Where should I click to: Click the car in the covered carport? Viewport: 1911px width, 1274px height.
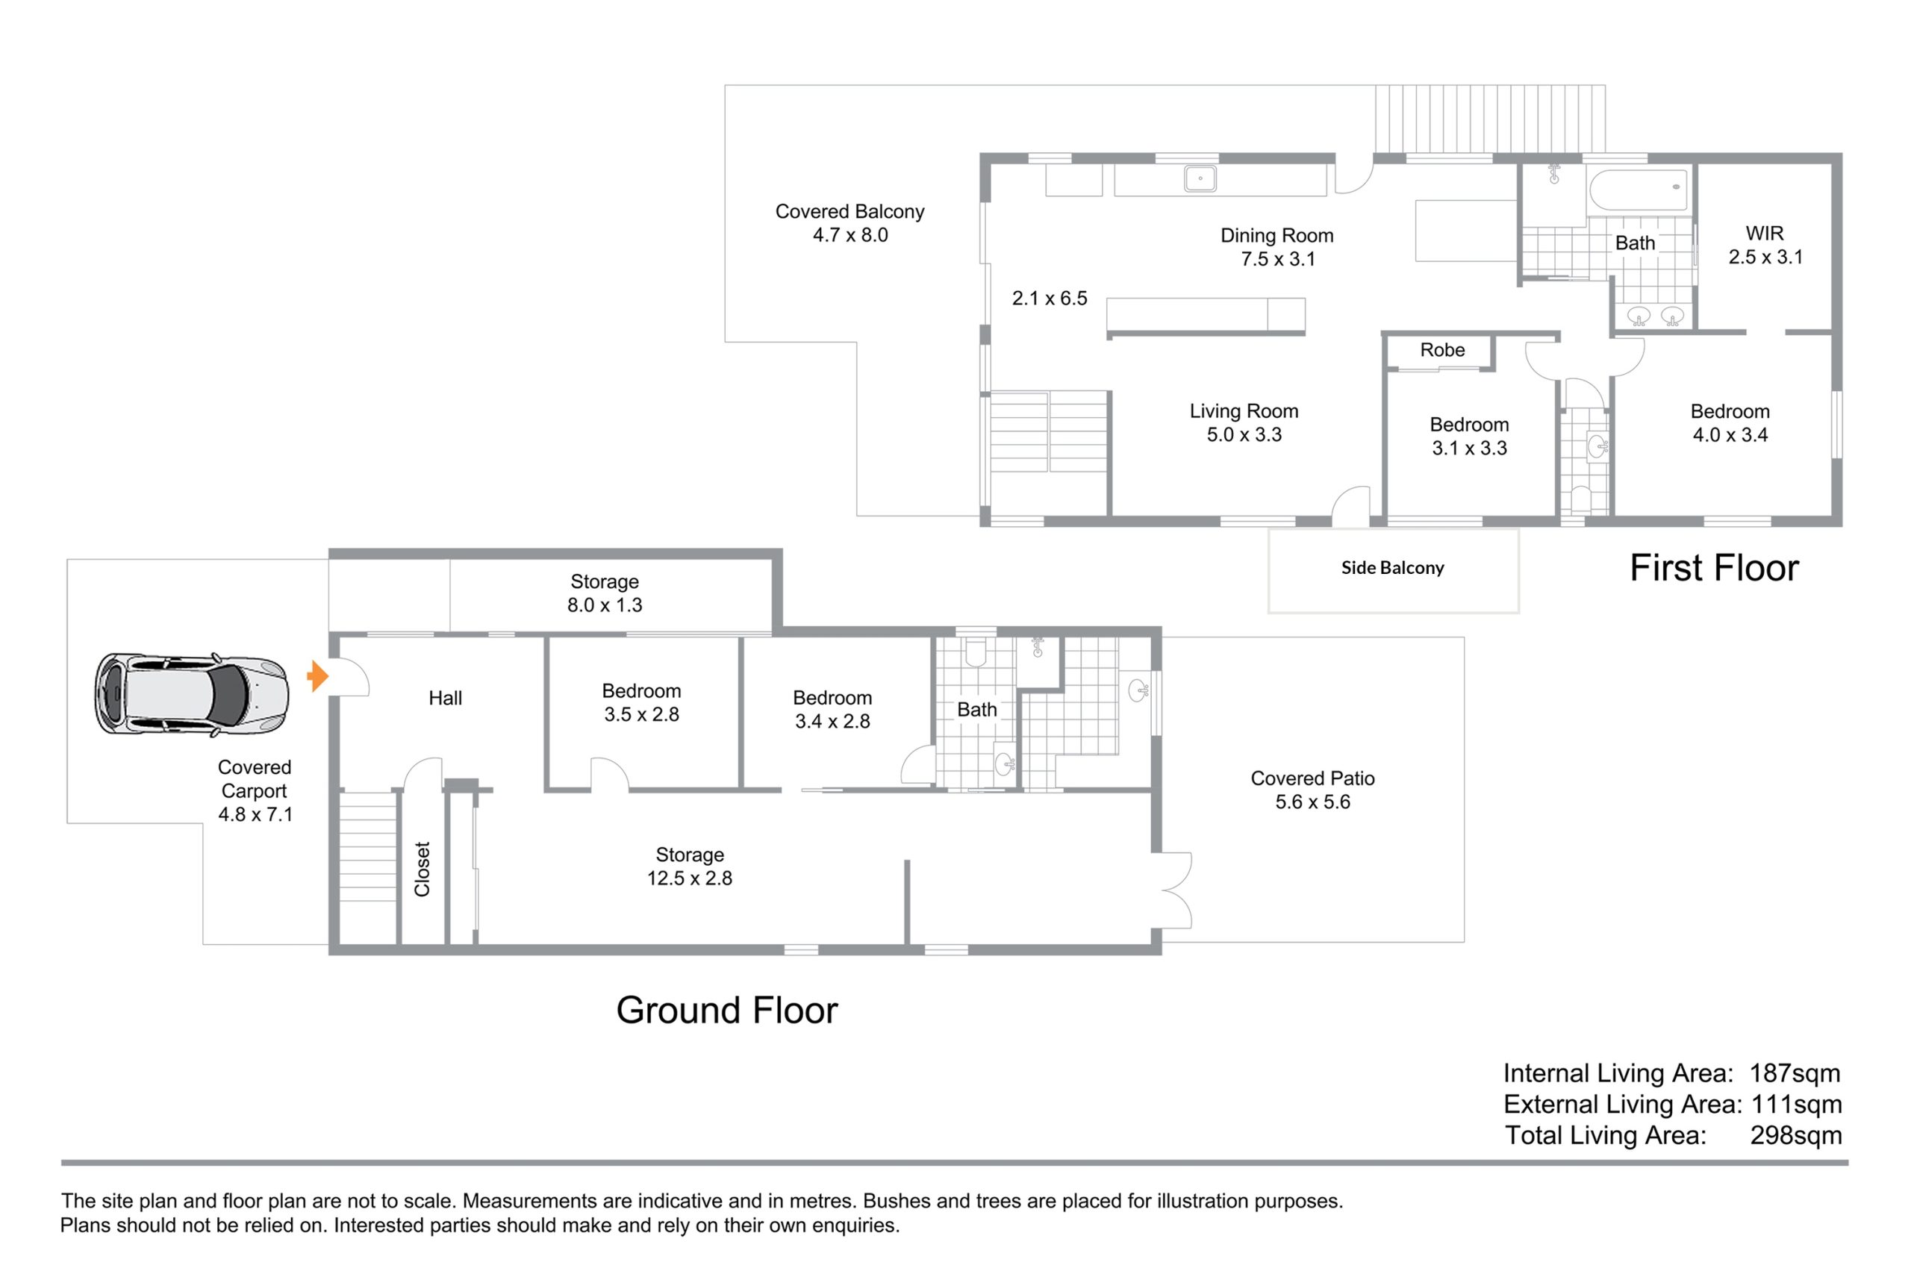(x=192, y=694)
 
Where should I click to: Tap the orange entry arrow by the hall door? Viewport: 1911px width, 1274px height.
(x=318, y=676)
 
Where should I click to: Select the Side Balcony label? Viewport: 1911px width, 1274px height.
(x=1393, y=568)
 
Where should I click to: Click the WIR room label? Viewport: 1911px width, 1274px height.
(x=1765, y=233)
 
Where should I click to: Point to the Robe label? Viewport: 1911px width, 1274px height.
(x=1442, y=350)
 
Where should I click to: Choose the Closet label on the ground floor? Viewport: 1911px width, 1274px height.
(x=422, y=869)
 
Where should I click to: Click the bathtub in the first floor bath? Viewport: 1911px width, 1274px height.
(x=1639, y=190)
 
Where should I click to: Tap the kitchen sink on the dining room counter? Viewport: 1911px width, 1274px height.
(x=1200, y=178)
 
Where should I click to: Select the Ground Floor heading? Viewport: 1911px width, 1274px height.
(x=726, y=1010)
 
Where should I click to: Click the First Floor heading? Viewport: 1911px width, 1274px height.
(x=1715, y=567)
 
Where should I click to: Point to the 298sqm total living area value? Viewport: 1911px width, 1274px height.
(x=1795, y=1135)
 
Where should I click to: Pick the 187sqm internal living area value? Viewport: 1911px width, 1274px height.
(x=1795, y=1073)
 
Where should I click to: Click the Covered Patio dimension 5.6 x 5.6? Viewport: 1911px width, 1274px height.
(x=1312, y=802)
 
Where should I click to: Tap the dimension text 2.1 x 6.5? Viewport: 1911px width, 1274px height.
(x=1049, y=299)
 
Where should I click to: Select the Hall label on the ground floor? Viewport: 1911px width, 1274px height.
(x=445, y=698)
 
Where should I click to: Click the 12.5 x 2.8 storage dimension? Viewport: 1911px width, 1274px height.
(x=689, y=878)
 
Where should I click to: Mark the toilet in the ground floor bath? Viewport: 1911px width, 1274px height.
(x=976, y=651)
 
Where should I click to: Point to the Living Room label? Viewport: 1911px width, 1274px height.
(x=1244, y=411)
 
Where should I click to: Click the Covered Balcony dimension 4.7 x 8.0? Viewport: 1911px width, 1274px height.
(x=850, y=235)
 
